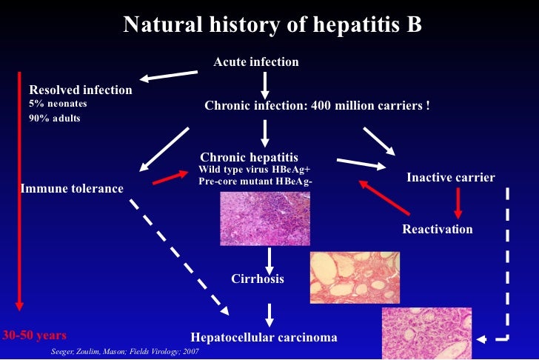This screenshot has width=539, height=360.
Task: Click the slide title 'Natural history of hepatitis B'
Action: click(x=272, y=25)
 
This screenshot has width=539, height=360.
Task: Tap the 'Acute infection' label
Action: click(x=256, y=62)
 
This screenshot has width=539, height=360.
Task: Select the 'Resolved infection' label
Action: click(x=81, y=90)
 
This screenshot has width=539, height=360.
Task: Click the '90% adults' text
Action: click(x=55, y=118)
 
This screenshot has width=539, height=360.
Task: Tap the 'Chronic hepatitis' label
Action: click(x=250, y=158)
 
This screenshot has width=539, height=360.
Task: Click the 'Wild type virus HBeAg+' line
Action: click(x=254, y=170)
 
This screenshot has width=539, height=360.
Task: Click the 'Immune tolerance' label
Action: click(x=72, y=189)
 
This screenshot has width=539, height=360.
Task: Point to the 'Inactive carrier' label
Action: click(x=451, y=178)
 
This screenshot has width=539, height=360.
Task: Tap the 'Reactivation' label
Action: click(x=438, y=229)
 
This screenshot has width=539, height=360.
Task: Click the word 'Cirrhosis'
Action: click(x=258, y=279)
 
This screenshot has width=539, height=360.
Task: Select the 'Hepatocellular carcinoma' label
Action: click(x=264, y=337)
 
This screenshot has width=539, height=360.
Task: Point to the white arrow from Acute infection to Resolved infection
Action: click(x=171, y=76)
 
